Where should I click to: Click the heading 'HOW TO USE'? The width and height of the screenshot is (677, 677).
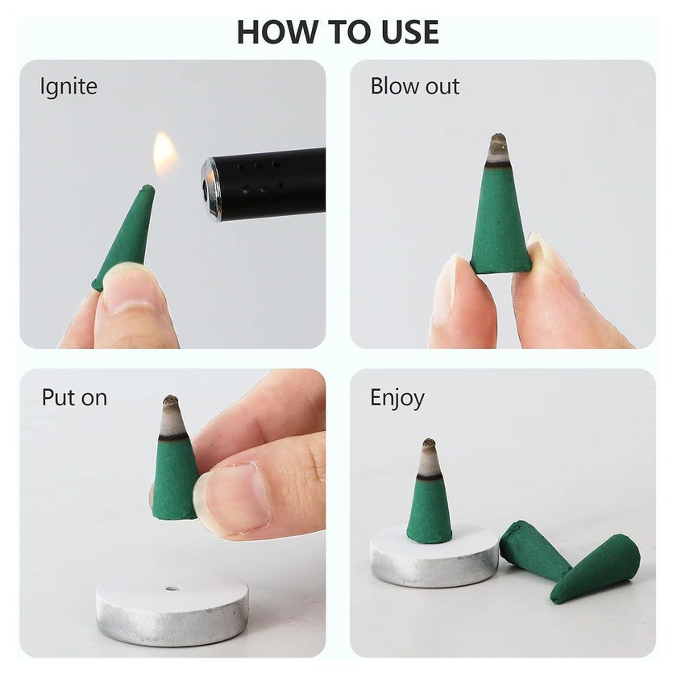tap(338, 32)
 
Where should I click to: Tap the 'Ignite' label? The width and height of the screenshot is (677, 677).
tap(69, 86)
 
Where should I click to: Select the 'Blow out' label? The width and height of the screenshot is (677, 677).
tap(415, 86)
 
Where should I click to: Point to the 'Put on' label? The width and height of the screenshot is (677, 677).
tap(74, 397)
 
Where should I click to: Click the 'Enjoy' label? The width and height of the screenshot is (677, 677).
tap(397, 398)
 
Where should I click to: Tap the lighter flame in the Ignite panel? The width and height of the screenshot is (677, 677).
tap(165, 153)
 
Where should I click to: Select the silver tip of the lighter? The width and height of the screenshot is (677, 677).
tap(210, 189)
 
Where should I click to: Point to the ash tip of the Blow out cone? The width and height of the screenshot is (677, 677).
tap(499, 149)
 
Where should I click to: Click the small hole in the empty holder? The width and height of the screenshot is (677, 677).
tap(172, 588)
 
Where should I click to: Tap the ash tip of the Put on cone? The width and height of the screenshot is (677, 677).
tap(172, 416)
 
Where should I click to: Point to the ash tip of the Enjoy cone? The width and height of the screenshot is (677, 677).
tap(429, 457)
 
